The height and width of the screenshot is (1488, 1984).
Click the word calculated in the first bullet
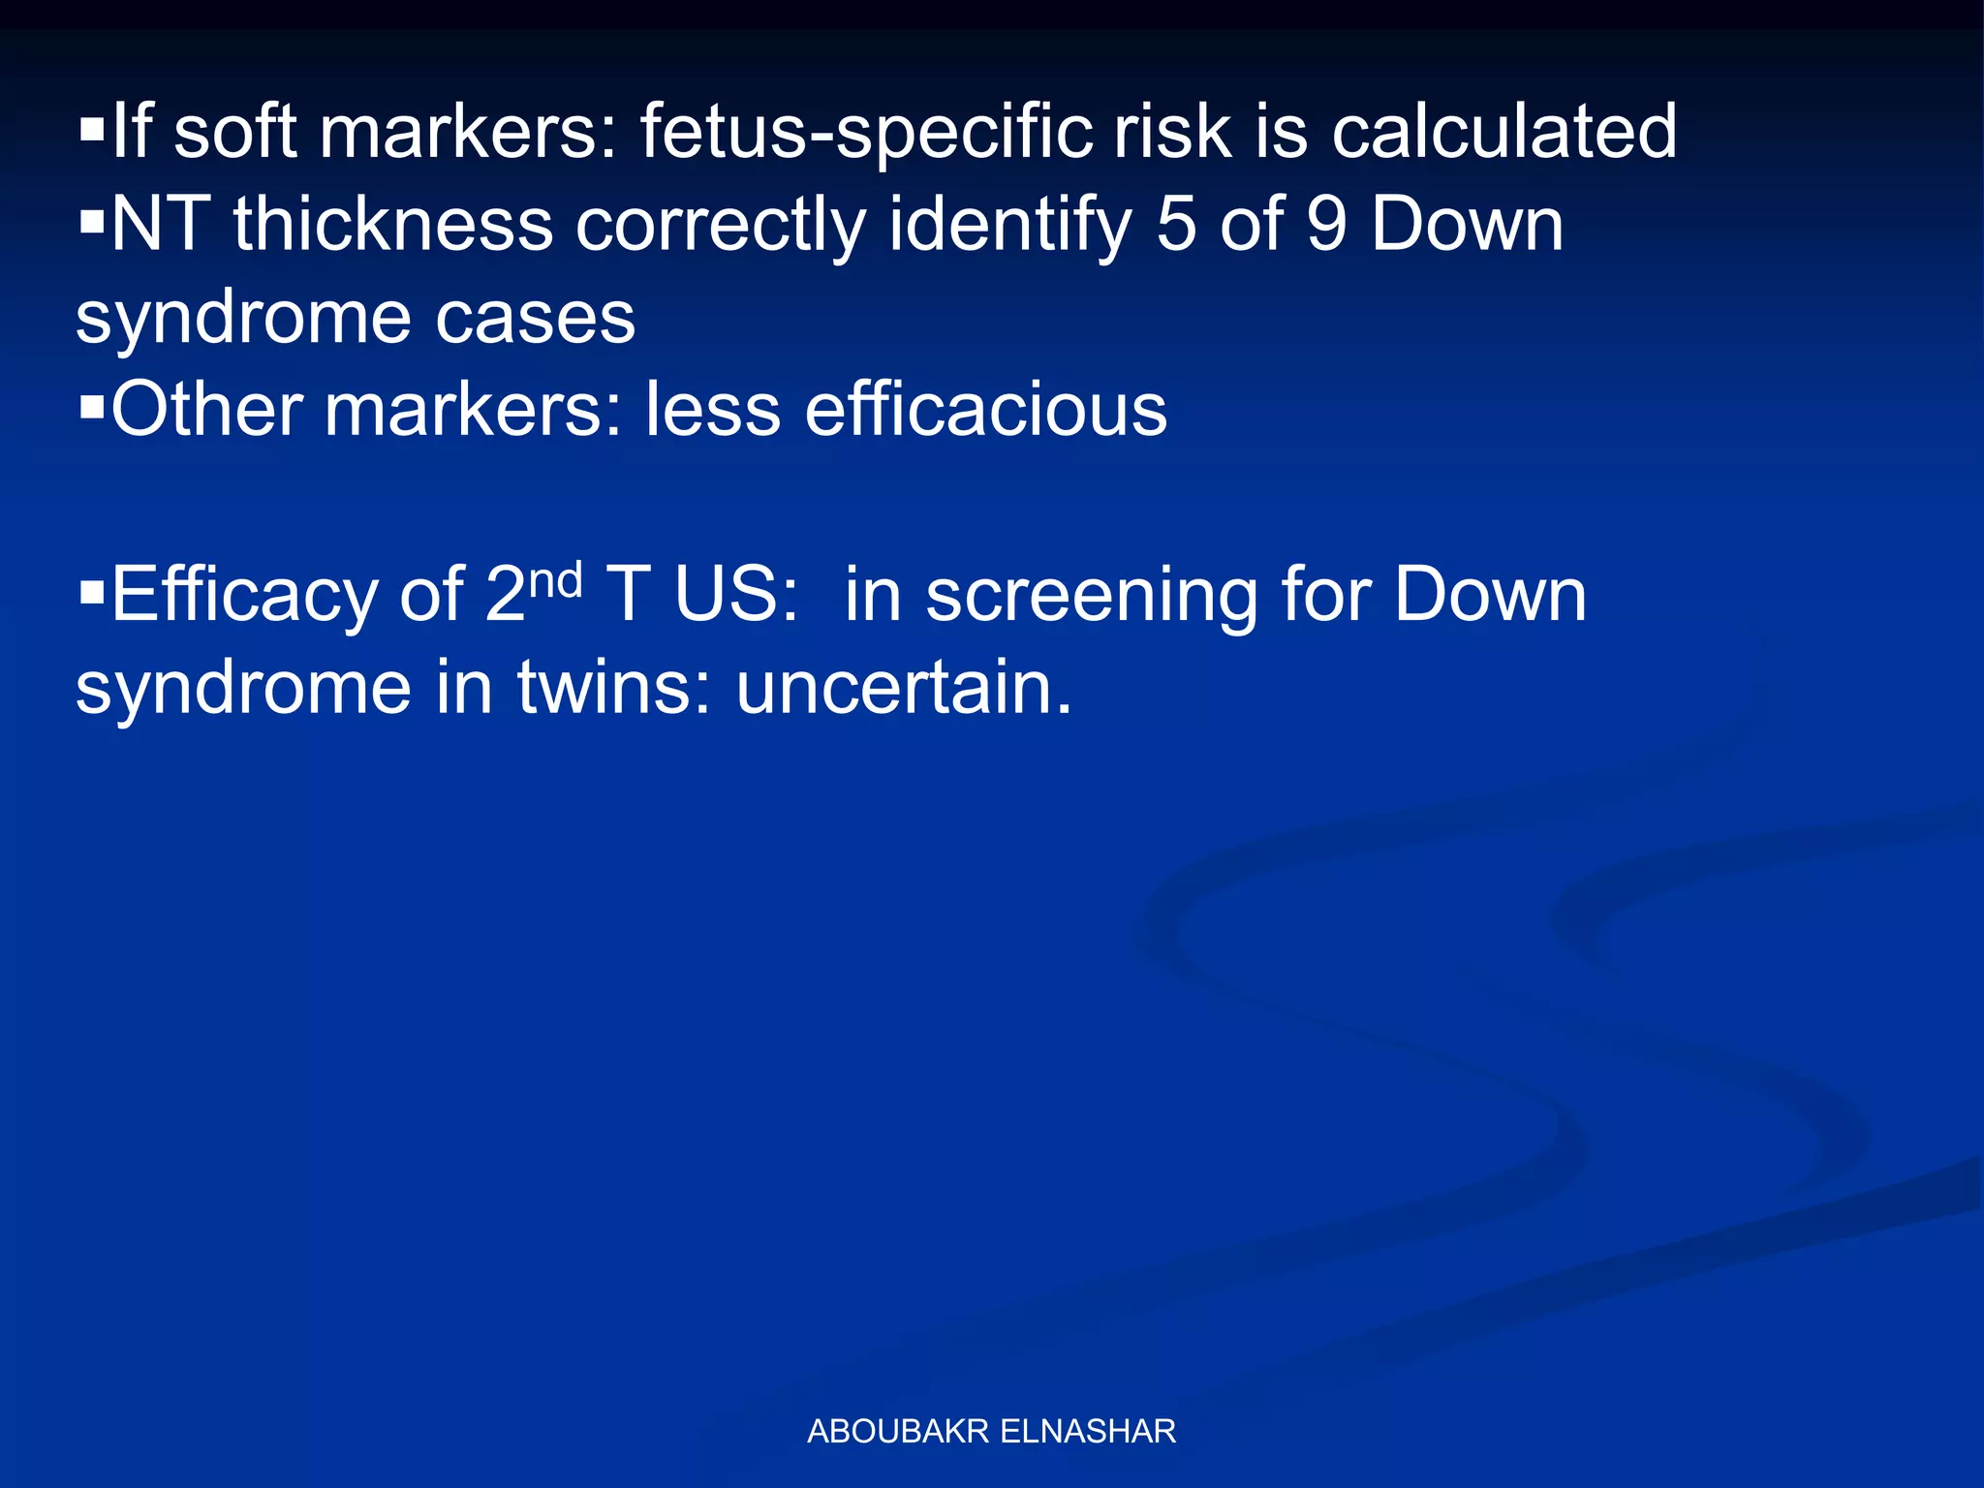(1503, 132)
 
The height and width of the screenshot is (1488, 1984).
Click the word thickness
(392, 224)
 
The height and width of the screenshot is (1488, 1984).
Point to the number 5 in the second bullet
(1176, 224)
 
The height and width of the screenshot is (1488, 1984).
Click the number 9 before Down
(1326, 224)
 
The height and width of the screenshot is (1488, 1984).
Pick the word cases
(535, 317)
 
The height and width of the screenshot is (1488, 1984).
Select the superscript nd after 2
(556, 579)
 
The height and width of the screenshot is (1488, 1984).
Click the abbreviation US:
(736, 595)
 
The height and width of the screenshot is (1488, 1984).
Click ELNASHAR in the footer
(1087, 1431)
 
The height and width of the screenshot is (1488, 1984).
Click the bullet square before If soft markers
(92, 131)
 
